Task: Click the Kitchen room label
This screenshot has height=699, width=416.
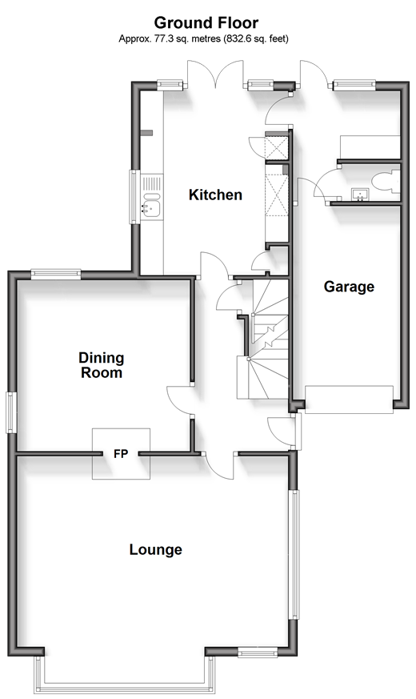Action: pos(215,195)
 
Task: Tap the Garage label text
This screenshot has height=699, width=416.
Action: pos(349,287)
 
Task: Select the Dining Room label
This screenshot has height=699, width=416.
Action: pos(101,364)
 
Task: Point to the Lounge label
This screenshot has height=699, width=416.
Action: pos(156,550)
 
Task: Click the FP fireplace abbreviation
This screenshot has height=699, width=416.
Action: pos(121,455)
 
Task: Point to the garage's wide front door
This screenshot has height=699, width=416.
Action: pos(350,399)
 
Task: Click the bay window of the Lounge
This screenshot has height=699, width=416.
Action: pos(125,677)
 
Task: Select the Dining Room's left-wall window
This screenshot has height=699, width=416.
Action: pos(10,412)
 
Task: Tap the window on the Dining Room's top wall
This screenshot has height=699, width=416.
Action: pos(56,274)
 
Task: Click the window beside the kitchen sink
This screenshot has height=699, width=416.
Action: pos(134,198)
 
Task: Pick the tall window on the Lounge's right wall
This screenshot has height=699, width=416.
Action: pos(294,554)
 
